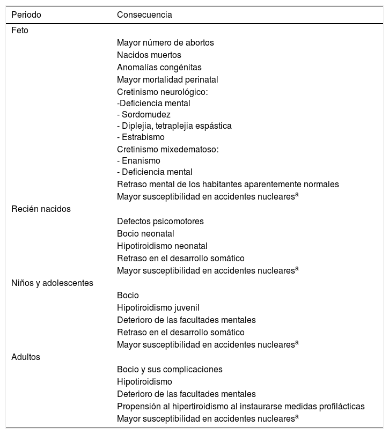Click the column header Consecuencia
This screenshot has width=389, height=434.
coord(144,15)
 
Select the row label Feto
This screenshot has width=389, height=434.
coord(20,31)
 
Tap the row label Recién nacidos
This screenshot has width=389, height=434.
coord(41,209)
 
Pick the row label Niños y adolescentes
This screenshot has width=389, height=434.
coord(52,283)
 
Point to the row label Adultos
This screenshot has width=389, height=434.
coord(26,357)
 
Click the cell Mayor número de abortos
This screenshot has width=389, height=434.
coord(166,43)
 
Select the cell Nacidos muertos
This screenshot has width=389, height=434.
coord(149,55)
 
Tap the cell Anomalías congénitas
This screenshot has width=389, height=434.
coord(159,68)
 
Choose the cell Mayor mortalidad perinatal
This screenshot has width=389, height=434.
coord(167,80)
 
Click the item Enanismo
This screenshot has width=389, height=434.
coord(140,160)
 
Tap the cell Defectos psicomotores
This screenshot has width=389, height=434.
coord(160,222)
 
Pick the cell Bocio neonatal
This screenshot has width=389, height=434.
coord(145,234)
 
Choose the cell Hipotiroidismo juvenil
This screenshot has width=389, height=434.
coord(158,308)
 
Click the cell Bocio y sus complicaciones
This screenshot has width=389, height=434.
coord(170,370)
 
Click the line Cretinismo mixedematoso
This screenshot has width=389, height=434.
coord(168,149)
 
